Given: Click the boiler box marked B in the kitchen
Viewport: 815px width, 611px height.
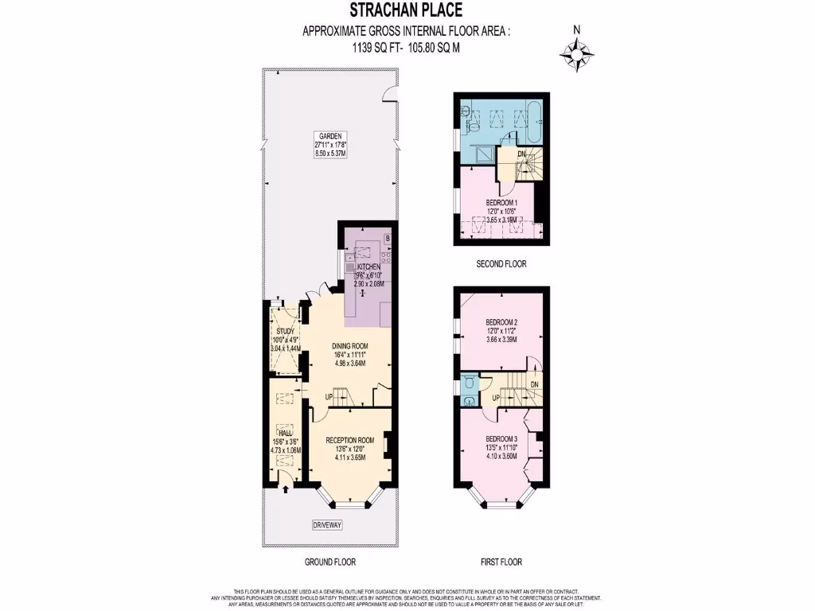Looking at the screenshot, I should pos(388,238).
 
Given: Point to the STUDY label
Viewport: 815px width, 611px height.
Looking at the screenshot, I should pos(285,332).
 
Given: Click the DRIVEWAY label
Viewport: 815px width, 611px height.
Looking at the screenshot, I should pos(328,525).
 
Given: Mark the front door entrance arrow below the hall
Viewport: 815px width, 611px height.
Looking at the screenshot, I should pos(285,488).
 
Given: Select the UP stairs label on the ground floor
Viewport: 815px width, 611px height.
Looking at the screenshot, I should pos(328,396).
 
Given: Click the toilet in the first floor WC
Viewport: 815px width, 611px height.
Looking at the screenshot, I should pos(469,383).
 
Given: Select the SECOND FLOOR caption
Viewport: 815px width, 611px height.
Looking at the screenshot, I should pos(501,263).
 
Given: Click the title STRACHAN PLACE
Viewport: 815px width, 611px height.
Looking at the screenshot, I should pos(406,10).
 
